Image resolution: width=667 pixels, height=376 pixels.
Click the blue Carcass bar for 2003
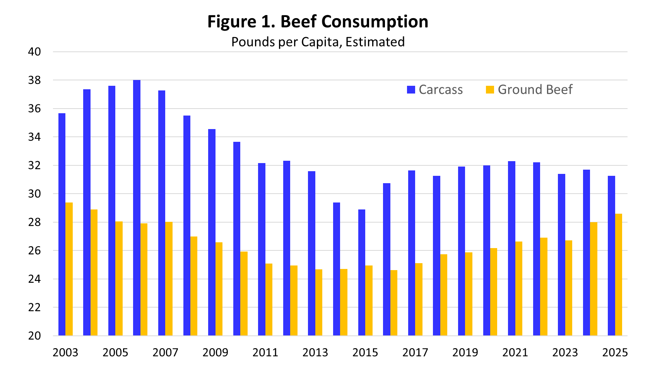pyautogui.click(x=62, y=224)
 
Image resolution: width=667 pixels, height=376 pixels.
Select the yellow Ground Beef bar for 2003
pyautogui.click(x=69, y=269)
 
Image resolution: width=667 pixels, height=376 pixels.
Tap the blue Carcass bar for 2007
pyautogui.click(x=162, y=213)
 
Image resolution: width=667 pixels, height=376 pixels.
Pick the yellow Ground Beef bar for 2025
pyautogui.click(x=619, y=274)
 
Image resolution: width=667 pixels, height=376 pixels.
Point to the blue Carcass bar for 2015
pyautogui.click(x=362, y=272)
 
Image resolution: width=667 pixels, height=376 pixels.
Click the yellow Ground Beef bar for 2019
pyautogui.click(x=469, y=294)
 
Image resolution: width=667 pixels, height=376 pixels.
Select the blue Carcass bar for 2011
pyautogui.click(x=262, y=249)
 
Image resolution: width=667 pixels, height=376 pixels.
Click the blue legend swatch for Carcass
pyautogui.click(x=411, y=90)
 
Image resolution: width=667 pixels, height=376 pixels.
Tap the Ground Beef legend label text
pyautogui.click(x=535, y=90)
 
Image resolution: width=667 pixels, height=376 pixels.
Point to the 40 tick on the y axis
pyautogui.click(x=34, y=52)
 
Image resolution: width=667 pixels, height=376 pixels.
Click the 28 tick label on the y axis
pyautogui.click(x=34, y=222)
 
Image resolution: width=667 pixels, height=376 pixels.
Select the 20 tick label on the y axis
pyautogui.click(x=34, y=336)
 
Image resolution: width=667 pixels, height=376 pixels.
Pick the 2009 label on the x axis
pyautogui.click(x=215, y=352)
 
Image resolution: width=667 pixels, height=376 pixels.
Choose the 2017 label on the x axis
pyautogui.click(x=415, y=352)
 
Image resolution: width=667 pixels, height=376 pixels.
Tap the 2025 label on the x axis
pyautogui.click(x=615, y=352)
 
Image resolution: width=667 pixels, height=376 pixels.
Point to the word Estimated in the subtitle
pyautogui.click(x=375, y=42)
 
